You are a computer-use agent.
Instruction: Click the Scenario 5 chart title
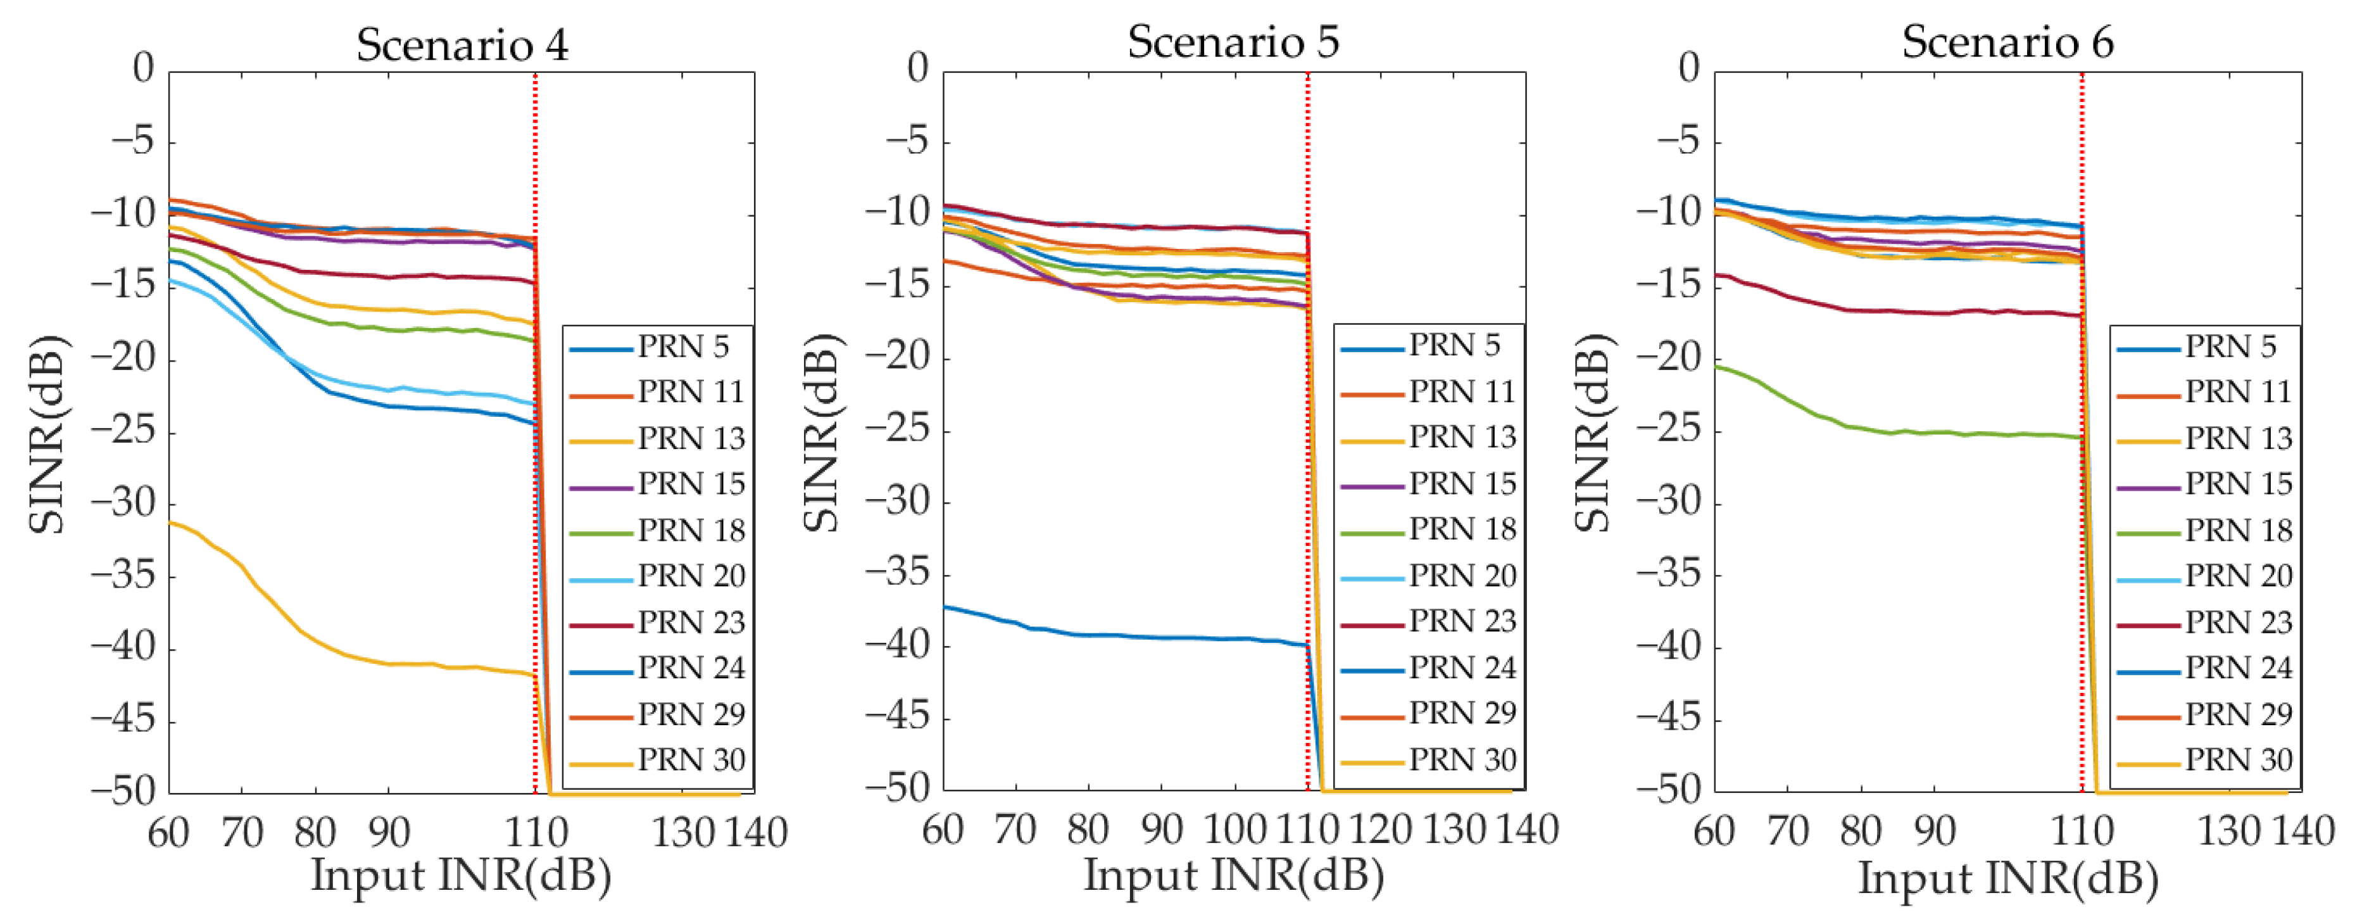(1233, 42)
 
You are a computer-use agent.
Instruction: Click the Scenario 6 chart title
(2007, 42)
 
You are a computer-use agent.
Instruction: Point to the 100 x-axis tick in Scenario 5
(1234, 830)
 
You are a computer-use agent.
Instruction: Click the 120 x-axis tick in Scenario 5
(1381, 830)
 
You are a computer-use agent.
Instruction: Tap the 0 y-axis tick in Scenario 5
(917, 68)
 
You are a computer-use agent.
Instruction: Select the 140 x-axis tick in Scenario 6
(2303, 831)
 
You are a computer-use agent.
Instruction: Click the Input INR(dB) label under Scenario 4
(461, 876)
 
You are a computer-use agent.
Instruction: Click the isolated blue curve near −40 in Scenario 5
(1143, 637)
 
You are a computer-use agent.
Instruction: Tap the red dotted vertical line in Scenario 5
(1307, 457)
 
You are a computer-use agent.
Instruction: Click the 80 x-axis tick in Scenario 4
(315, 832)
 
